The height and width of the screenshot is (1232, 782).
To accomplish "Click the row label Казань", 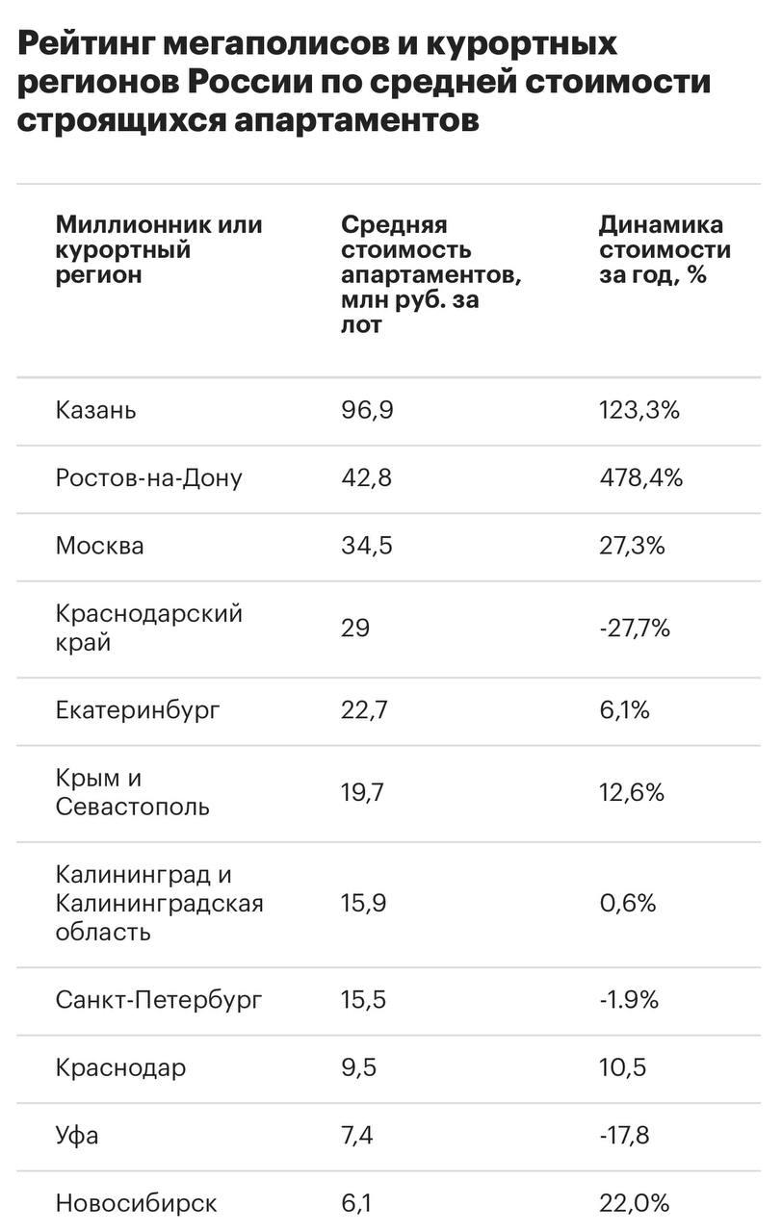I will click(96, 410).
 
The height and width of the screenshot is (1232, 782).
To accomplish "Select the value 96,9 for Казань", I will click(368, 410).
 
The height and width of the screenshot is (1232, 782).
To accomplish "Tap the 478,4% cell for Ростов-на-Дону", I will click(640, 478).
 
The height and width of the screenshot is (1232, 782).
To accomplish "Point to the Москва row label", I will click(100, 546).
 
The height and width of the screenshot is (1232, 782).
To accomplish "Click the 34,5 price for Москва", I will click(367, 546).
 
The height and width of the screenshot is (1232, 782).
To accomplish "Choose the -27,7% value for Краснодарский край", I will click(634, 629).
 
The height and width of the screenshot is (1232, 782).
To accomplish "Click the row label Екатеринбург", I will click(138, 710).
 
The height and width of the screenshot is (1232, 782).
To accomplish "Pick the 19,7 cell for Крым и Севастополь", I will click(364, 792).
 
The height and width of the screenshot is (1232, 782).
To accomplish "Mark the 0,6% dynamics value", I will click(627, 903).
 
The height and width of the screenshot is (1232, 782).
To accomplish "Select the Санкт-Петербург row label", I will click(159, 1000).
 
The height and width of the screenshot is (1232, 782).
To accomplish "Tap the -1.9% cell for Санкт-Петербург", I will click(628, 1000).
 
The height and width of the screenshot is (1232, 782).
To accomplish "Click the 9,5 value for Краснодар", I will click(358, 1067).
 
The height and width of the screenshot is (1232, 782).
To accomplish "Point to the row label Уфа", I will click(77, 1136).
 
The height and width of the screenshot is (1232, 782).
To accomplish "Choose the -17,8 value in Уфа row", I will click(623, 1136).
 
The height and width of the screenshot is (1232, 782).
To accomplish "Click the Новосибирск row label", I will click(136, 1203).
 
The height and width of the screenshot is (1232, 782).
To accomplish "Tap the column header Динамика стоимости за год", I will click(665, 250).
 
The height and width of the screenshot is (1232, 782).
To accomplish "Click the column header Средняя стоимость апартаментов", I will click(430, 274).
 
